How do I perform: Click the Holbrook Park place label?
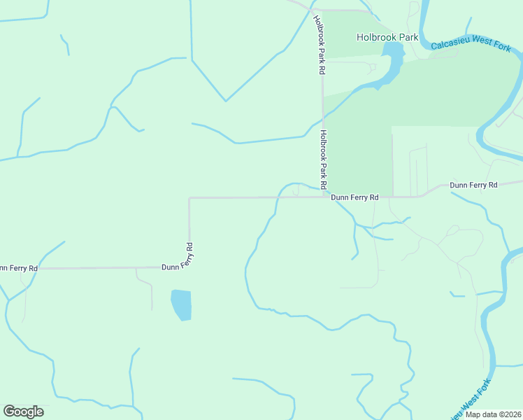(387, 37)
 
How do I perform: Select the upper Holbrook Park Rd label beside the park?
(318, 45)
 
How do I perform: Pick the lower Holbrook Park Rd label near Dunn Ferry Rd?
(323, 160)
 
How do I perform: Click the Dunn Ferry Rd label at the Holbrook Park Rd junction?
(354, 198)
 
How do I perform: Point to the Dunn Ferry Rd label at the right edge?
(473, 185)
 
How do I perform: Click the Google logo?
(23, 412)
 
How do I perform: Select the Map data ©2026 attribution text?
(493, 414)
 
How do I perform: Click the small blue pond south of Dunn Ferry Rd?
(181, 304)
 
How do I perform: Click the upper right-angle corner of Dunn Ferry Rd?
(189, 198)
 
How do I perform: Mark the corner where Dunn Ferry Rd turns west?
(189, 267)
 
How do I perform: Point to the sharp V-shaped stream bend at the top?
(225, 101)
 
